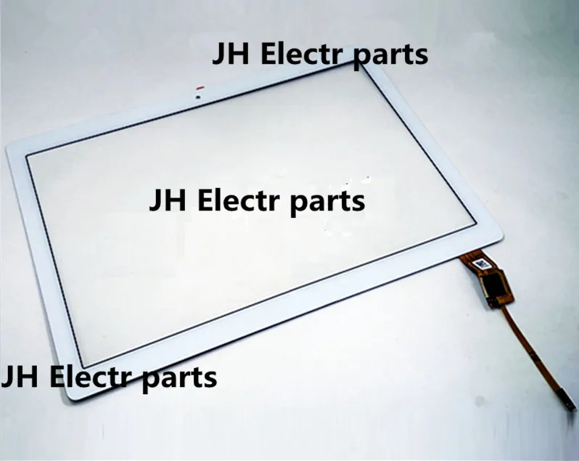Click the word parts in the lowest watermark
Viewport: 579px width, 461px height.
[179, 379]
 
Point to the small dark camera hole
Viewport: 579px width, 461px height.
[197, 94]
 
